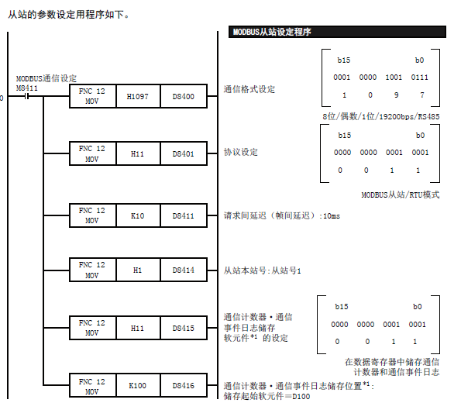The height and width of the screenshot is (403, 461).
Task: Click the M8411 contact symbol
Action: [27, 96]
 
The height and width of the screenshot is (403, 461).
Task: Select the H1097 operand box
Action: [138, 96]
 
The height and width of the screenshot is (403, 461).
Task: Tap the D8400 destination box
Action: [184, 96]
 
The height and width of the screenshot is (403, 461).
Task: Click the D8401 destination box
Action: [184, 153]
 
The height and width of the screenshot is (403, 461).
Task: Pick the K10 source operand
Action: [138, 215]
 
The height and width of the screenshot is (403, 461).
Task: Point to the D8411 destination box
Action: [184, 215]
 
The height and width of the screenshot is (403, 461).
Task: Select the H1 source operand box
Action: [138, 270]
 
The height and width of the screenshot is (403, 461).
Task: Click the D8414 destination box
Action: [184, 270]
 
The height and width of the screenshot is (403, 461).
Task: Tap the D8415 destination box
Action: [184, 328]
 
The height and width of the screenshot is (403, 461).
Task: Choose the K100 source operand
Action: [138, 385]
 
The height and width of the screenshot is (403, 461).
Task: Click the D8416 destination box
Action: [184, 385]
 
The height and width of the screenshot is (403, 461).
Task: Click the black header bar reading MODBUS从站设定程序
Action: [337, 32]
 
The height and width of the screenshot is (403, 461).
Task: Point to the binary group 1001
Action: [394, 77]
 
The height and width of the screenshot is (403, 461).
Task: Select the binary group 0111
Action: [419, 77]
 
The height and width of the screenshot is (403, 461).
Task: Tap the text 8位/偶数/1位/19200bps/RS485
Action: [381, 117]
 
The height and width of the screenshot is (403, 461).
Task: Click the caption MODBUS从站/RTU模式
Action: [401, 195]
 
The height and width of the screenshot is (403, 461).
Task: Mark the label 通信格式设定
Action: [249, 89]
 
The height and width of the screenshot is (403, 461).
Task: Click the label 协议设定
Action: [240, 152]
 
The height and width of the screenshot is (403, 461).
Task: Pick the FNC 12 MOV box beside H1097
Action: [93, 96]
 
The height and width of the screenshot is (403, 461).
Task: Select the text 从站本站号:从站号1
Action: [262, 270]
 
